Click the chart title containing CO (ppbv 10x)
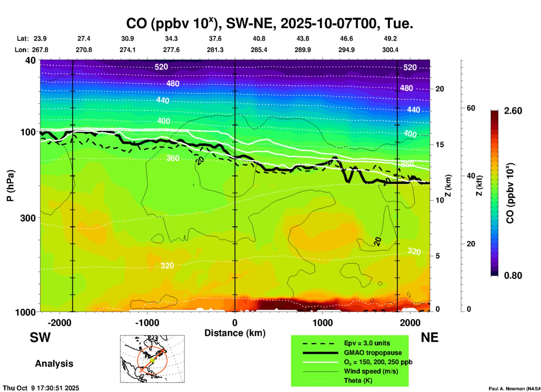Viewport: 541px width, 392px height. point(269,23)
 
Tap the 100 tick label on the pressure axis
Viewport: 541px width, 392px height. point(28,132)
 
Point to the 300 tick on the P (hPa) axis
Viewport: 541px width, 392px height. point(28,218)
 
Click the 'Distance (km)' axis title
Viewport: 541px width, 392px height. point(235,333)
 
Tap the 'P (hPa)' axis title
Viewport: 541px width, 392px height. point(10,186)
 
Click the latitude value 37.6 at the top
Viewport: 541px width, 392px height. point(215,39)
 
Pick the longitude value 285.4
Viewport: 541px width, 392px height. point(259,50)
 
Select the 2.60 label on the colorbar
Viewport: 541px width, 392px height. point(513,111)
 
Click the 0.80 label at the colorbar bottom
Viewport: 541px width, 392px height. point(513,276)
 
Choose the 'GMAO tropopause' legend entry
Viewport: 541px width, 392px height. point(373,353)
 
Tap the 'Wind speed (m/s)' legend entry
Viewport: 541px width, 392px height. point(371,371)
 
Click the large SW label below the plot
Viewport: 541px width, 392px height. point(40,337)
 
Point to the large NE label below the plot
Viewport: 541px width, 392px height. point(429,337)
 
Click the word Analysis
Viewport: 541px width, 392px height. point(54,364)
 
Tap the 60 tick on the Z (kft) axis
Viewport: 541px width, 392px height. point(471,108)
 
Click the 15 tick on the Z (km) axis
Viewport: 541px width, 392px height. point(440,145)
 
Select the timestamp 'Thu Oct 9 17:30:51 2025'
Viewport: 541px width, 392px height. point(41,388)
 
